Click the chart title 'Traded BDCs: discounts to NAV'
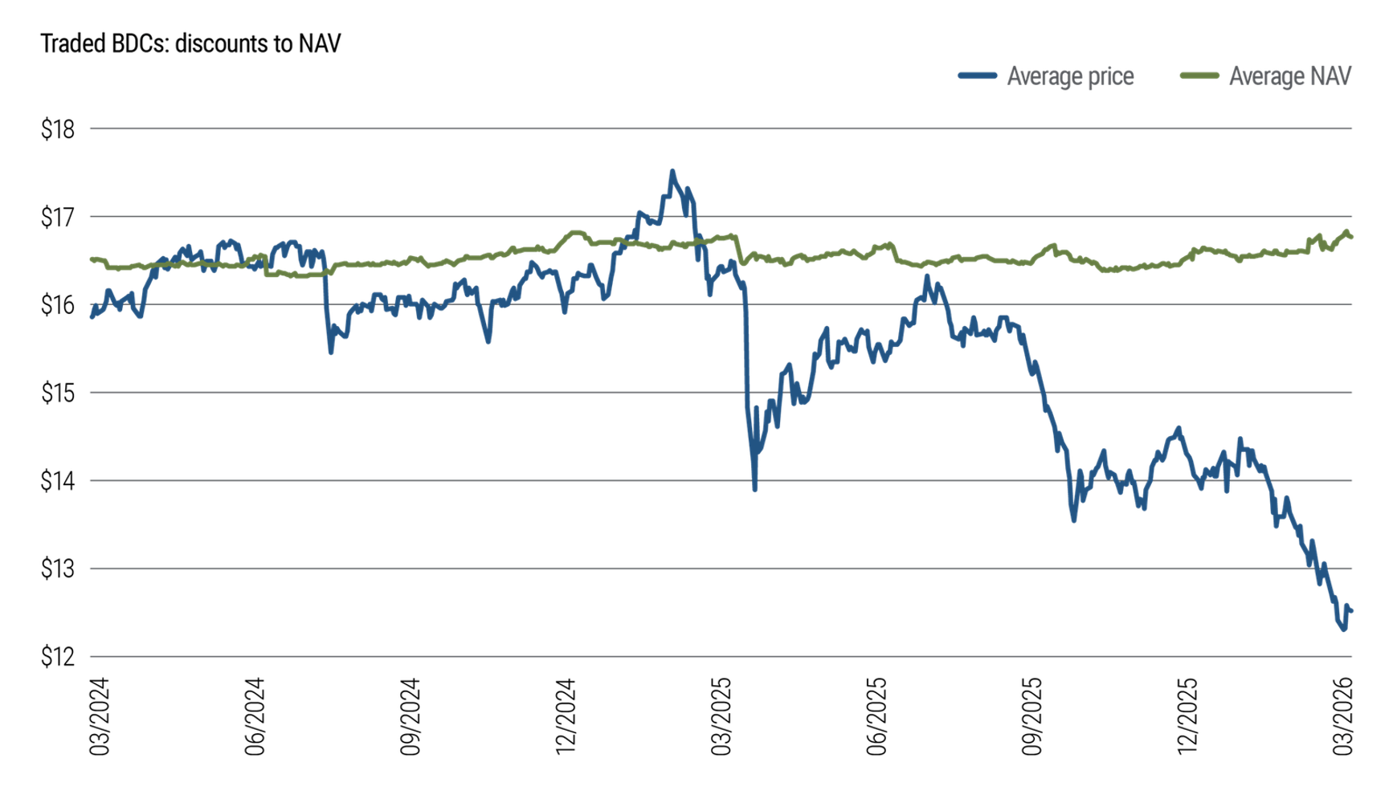(x=190, y=43)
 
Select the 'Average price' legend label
(x=1070, y=76)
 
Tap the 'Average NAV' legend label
(x=1290, y=76)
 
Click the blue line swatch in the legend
(x=978, y=76)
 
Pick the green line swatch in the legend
(x=1199, y=76)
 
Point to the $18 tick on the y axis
(x=58, y=129)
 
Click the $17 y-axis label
(x=58, y=218)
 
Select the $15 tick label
(x=58, y=393)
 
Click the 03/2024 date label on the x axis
(x=99, y=716)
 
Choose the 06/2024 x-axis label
(x=255, y=716)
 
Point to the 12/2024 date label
(x=566, y=716)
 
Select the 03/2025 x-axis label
(x=721, y=716)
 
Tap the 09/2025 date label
(x=1031, y=716)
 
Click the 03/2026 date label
(x=1343, y=716)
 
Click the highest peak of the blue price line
(x=672, y=171)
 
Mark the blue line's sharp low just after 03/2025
(x=754, y=488)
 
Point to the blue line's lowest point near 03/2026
(x=1343, y=630)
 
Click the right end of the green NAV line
(x=1351, y=237)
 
